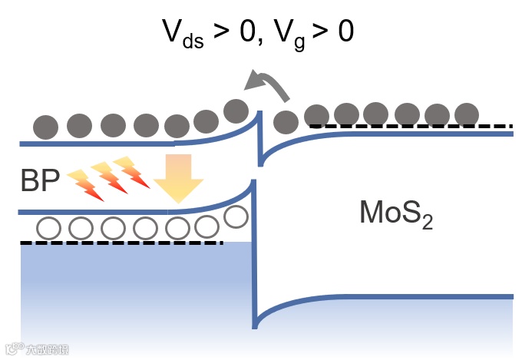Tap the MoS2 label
coord(396,213)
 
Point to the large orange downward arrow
coord(178,179)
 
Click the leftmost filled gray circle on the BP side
coord(46,127)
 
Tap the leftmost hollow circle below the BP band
coord(49,228)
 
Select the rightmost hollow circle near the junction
coord(236,218)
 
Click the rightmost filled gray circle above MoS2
coord(467,115)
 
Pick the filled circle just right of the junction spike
coord(286,121)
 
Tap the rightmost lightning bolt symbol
coord(131,172)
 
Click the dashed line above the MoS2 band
coord(411,125)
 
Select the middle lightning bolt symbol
coord(108,178)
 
